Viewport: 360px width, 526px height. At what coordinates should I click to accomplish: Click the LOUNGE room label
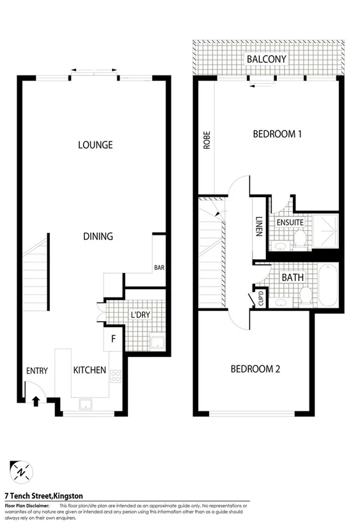(x=95, y=145)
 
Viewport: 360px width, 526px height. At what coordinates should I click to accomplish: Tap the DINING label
(x=98, y=236)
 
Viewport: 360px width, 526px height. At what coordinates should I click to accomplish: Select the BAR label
(x=159, y=268)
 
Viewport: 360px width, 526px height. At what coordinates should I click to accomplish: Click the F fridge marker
(x=113, y=339)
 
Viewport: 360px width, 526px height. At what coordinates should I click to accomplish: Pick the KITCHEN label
(x=90, y=370)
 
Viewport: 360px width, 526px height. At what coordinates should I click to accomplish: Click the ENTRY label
(x=37, y=371)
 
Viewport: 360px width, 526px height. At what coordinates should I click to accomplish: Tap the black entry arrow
(x=35, y=401)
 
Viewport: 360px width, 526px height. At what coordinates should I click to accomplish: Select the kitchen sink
(x=84, y=404)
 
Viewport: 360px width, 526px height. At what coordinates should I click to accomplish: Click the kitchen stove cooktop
(x=116, y=376)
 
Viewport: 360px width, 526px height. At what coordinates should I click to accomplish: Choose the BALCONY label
(x=266, y=60)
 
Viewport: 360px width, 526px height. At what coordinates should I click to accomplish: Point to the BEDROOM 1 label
(x=277, y=134)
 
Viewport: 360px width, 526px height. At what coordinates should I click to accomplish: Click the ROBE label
(x=207, y=141)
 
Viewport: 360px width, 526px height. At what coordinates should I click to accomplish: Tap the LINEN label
(x=259, y=225)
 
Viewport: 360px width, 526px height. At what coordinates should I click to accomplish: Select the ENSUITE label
(x=289, y=222)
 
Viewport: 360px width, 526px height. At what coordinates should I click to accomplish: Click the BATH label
(x=292, y=278)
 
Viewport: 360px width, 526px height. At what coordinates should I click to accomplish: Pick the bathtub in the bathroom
(x=327, y=285)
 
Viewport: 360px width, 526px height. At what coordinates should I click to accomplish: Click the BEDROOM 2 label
(x=255, y=369)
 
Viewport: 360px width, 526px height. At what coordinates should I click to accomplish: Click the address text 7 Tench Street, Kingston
(x=43, y=495)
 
